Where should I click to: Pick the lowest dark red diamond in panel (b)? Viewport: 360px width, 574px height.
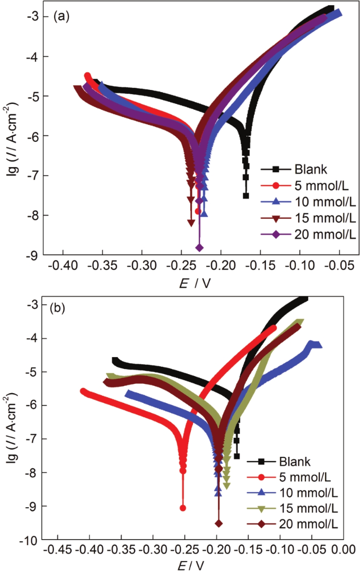tap(219, 523)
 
